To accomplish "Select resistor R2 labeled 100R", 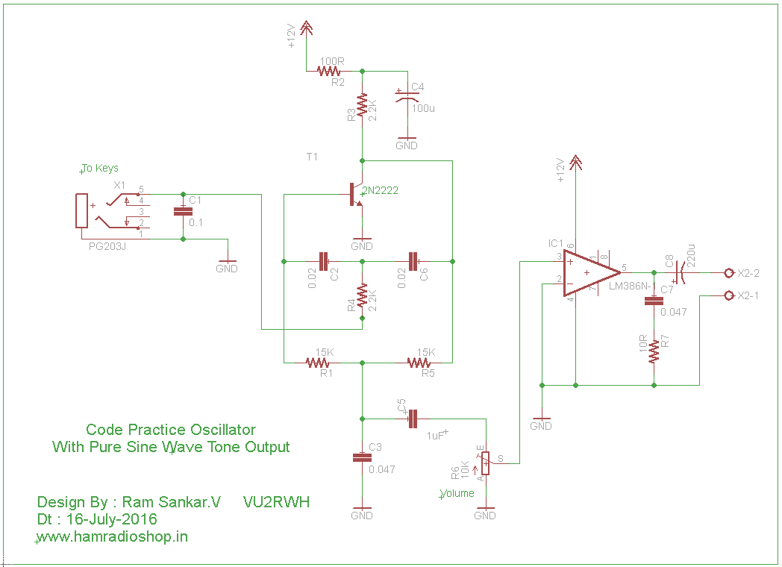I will click(x=329, y=72).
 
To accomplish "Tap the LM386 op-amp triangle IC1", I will click(x=589, y=272).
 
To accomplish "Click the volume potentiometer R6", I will click(x=485, y=463).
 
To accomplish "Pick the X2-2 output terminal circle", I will click(x=729, y=272).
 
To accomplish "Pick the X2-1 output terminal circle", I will click(x=729, y=296).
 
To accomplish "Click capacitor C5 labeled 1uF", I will click(x=412, y=419).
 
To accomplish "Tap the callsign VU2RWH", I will click(x=276, y=502).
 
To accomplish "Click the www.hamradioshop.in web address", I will click(x=113, y=536).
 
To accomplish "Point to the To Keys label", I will click(x=100, y=168).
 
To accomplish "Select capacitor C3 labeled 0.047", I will click(x=362, y=457).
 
